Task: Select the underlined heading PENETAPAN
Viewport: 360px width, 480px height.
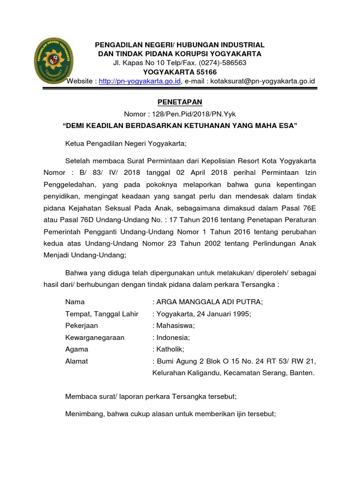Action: coord(180,102)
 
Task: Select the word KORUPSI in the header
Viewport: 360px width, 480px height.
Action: coord(181,54)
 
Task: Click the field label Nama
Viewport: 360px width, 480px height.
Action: coord(75,301)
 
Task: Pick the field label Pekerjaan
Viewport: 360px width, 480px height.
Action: coord(82,325)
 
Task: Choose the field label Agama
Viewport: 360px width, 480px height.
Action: coord(77,349)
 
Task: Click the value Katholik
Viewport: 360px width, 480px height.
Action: coord(171,349)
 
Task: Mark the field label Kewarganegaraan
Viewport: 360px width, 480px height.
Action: coord(95,337)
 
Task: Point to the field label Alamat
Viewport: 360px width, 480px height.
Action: coord(77,361)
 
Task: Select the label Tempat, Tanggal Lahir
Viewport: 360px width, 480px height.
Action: coord(102,314)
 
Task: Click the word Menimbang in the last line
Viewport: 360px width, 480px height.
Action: coord(85,414)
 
